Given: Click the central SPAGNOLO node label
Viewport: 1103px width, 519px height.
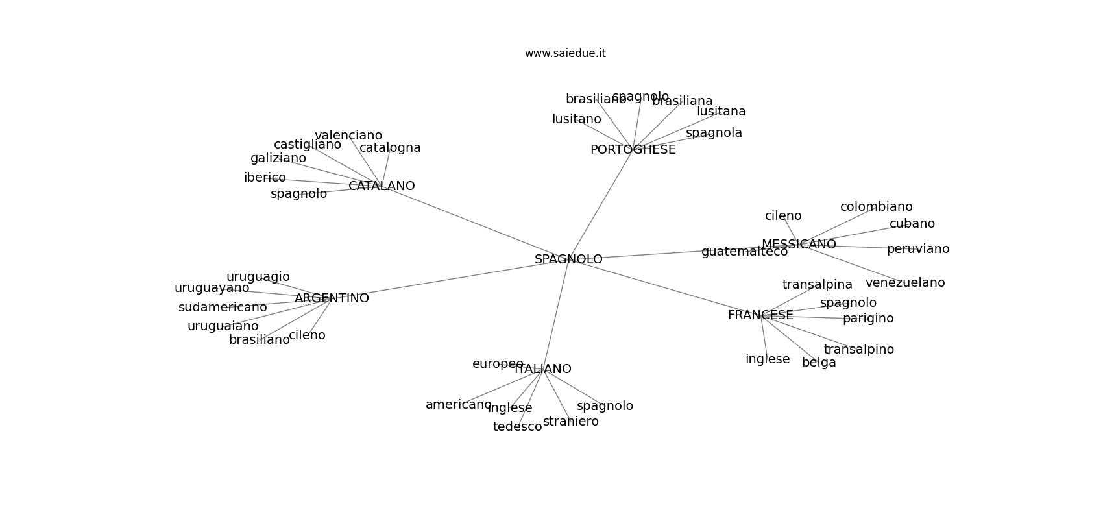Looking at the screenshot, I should tap(568, 259).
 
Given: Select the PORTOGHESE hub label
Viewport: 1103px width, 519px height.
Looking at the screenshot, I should tap(633, 150).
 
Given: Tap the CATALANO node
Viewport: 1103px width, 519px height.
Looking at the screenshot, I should tap(382, 186).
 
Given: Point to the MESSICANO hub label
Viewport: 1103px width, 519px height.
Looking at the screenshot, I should tap(799, 245).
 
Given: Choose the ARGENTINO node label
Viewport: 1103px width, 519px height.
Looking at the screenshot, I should tap(332, 298).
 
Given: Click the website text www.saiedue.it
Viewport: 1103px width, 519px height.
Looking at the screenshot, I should tap(565, 54).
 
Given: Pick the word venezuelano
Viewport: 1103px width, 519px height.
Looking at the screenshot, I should tap(905, 283).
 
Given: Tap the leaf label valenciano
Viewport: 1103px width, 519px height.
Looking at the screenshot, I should tap(348, 136).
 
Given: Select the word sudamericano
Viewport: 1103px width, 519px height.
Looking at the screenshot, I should tap(223, 308).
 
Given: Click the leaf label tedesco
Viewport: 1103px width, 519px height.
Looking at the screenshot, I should tap(517, 427).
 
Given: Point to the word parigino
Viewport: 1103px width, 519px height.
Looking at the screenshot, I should tap(868, 319).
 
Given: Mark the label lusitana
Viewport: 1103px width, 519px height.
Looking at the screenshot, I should tap(721, 112).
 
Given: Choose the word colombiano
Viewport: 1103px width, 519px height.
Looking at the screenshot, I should tap(876, 207).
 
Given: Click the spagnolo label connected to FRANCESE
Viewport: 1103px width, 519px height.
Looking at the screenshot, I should tap(848, 303).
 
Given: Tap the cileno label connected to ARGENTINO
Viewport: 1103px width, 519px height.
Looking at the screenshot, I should tap(307, 335).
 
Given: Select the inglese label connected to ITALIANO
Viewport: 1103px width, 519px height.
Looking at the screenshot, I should tap(510, 408).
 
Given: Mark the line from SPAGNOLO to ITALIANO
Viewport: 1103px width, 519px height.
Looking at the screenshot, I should tap(556, 314).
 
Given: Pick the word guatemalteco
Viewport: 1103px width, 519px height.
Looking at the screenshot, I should tap(744, 252).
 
